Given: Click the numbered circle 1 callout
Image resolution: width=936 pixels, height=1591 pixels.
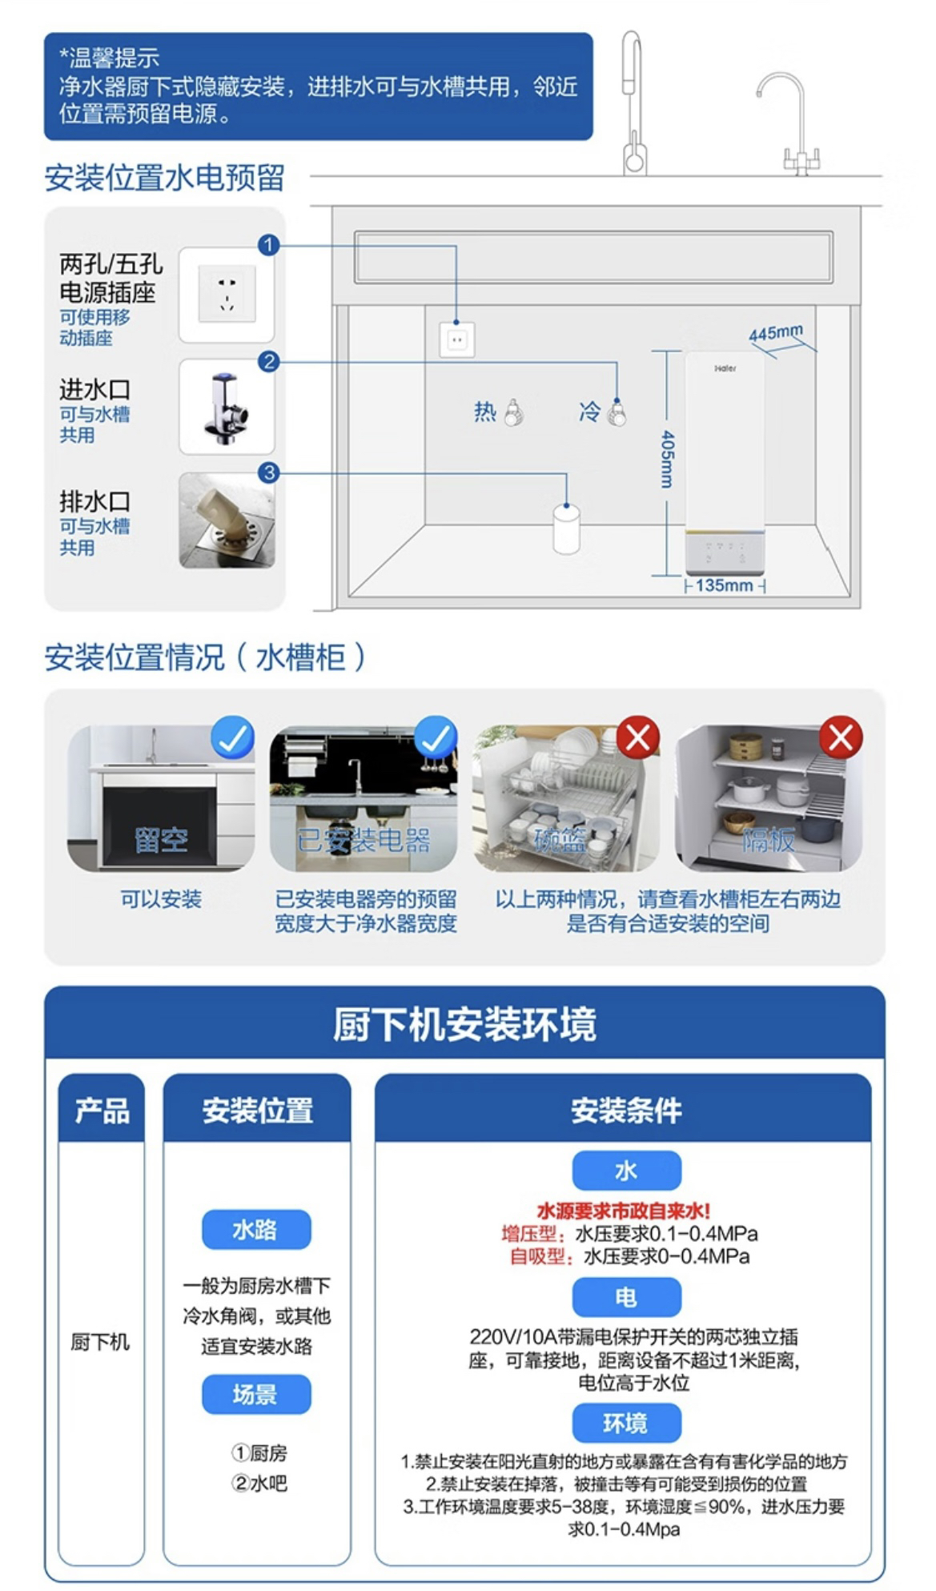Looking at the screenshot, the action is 268,244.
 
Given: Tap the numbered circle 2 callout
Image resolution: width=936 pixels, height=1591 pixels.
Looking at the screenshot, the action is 268,361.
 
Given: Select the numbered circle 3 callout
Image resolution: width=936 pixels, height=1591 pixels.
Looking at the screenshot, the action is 268,472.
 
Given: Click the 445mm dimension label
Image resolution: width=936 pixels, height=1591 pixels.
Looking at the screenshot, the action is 775,332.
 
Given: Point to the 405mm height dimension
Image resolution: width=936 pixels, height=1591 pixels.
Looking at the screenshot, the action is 667,460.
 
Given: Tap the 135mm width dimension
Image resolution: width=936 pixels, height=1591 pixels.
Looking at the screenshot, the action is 724,585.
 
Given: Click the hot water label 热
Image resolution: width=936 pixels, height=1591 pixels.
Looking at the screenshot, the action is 485,412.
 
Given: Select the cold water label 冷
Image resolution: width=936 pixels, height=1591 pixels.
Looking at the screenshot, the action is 590,412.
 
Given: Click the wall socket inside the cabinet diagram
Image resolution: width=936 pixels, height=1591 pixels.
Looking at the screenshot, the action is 456,339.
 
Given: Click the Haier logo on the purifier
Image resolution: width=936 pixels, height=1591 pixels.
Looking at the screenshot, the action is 725,369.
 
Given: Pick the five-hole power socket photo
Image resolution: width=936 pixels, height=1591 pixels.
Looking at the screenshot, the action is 227,295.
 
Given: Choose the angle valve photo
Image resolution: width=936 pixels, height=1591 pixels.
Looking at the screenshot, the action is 227,408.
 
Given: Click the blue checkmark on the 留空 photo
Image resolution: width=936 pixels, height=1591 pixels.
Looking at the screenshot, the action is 233,737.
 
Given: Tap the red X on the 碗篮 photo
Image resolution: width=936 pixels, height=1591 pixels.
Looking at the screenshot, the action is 638,737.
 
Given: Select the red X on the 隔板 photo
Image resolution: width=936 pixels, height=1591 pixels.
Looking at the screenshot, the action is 841,737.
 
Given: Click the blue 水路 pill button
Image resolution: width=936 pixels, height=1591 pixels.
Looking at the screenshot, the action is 255,1229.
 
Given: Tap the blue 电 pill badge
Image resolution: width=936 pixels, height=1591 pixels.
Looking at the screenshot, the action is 626,1296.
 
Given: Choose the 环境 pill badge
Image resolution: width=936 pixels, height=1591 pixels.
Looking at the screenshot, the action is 626,1423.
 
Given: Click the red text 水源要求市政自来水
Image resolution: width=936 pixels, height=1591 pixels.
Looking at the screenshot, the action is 623,1211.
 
